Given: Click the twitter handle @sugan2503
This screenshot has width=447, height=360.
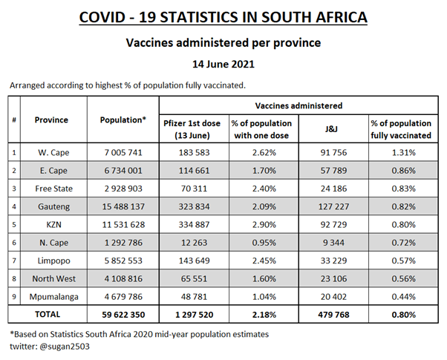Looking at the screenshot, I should click(57, 345).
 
